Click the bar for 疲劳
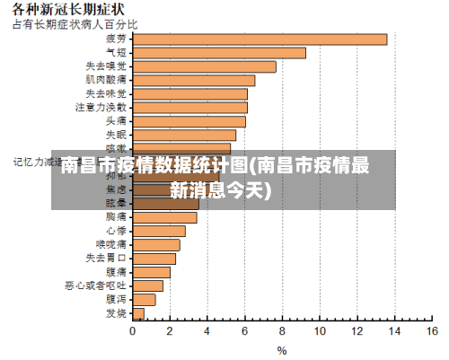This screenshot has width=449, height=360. coord(260,39)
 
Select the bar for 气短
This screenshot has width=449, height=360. coord(219,53)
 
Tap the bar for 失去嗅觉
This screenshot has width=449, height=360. coord(204,66)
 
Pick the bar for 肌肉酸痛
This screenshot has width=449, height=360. coord(193,80)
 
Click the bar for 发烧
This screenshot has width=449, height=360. coord(138,313)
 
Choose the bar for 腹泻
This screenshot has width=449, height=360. coord(144,299)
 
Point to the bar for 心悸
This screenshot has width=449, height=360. coord(159,231)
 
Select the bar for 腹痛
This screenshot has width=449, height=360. coord(151,271)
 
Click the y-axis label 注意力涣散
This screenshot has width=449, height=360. coord(101,107)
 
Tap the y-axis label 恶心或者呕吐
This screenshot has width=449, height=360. coord(95,285)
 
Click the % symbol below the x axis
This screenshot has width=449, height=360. coord(281,350)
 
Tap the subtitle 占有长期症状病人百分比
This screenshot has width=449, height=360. coord(75,23)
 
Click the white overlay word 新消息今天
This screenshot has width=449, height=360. coord(225,189)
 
